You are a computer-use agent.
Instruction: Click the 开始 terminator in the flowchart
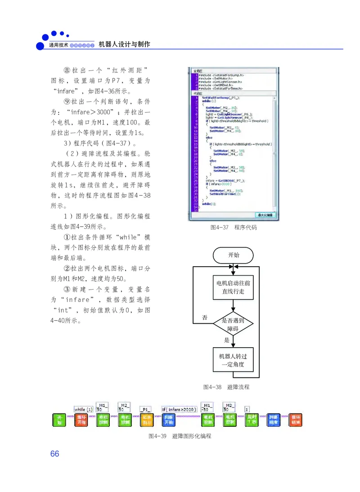(233, 255)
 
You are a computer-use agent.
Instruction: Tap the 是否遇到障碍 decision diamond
(233, 324)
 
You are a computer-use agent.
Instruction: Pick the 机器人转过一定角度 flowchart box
(233, 360)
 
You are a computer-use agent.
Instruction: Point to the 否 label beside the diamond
(205, 318)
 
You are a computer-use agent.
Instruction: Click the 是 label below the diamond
(227, 340)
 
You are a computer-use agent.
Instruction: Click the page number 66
(55, 454)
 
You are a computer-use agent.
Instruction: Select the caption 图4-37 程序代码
(234, 228)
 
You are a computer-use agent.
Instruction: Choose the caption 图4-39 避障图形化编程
(180, 436)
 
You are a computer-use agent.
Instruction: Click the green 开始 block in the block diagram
(59, 420)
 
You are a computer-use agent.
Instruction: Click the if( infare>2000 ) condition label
(179, 410)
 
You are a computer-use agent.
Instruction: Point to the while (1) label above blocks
(83, 410)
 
